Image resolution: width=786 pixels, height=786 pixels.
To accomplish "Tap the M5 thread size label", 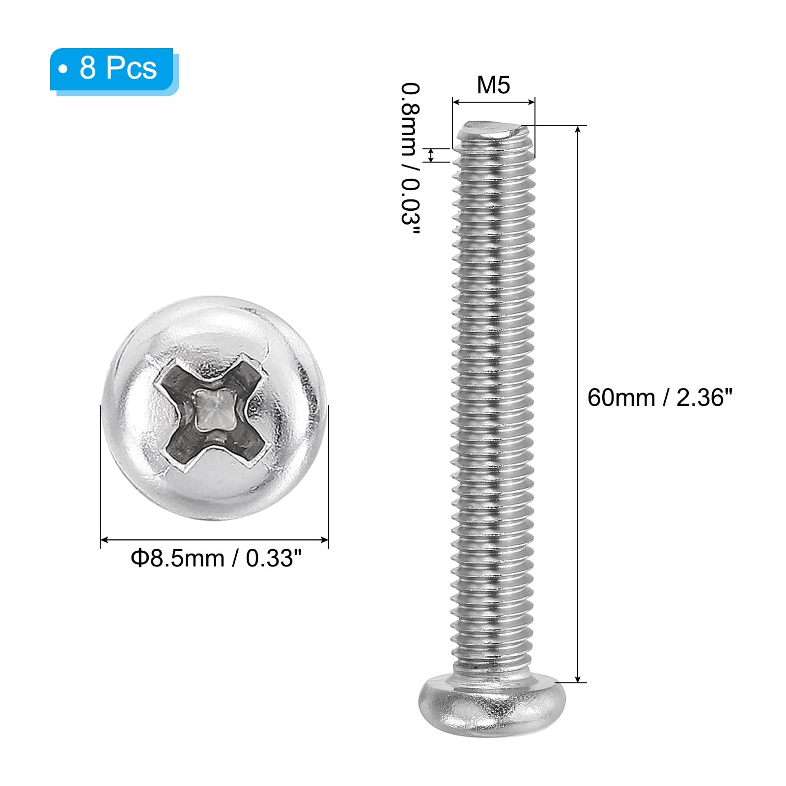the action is (493, 85).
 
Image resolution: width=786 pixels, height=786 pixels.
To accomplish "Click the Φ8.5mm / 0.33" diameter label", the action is (215, 558).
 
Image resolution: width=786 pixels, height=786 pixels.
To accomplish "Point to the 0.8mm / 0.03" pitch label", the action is (411, 161).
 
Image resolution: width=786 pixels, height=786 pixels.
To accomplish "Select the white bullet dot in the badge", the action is (63, 69).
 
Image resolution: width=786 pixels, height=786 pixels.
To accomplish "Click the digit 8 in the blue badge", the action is (87, 68).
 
